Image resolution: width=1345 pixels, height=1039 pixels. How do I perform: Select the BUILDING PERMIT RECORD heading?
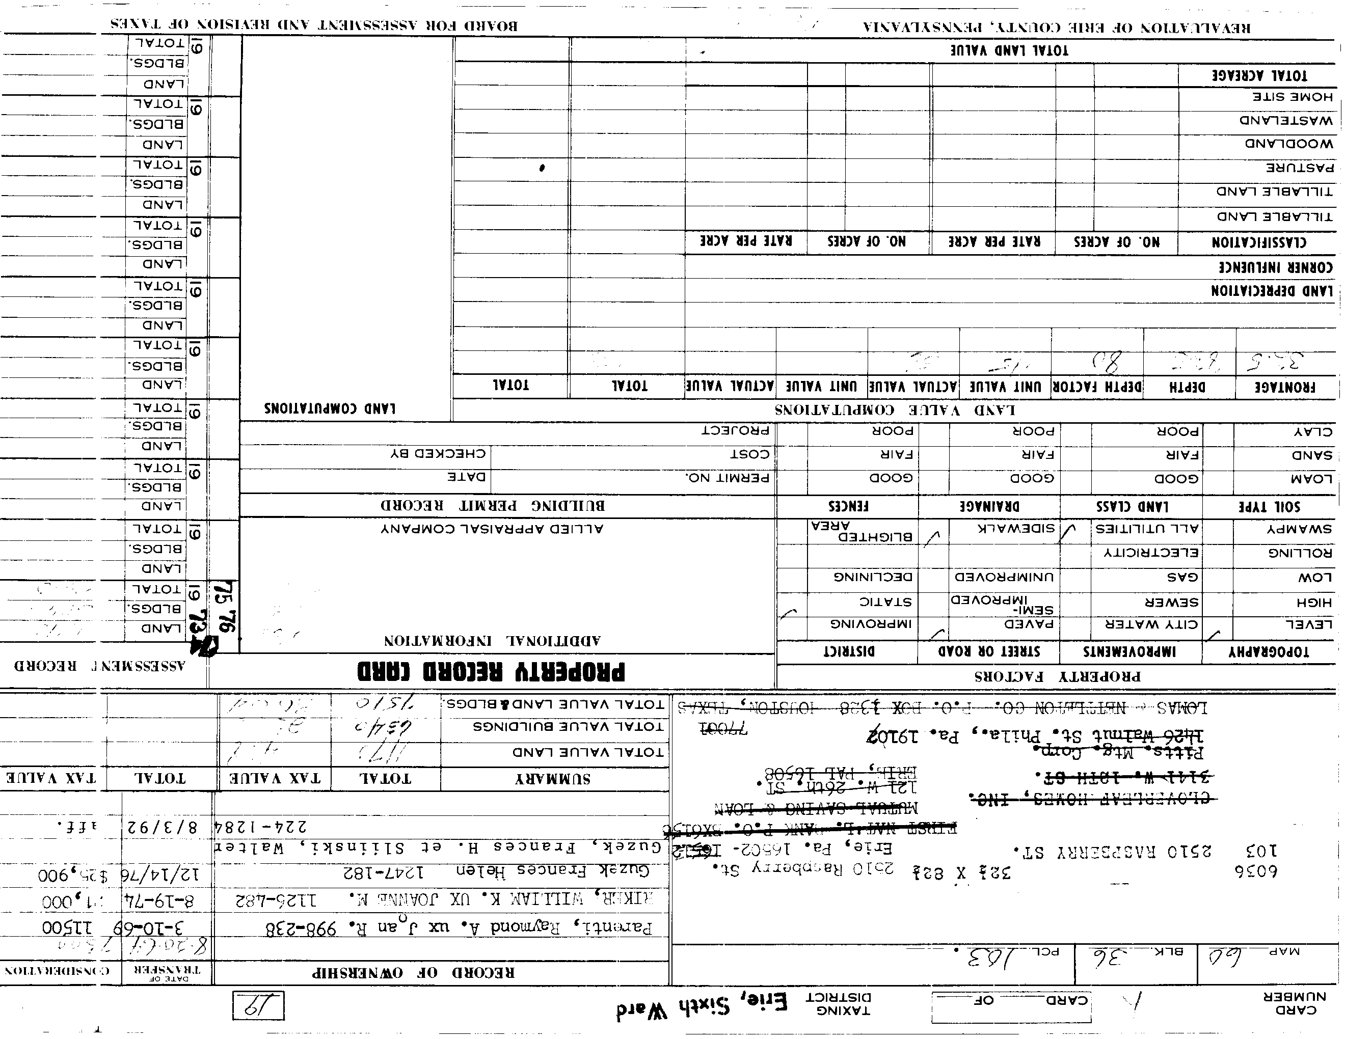tap(492, 506)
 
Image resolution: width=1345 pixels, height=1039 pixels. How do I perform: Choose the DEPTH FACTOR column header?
tap(1097, 387)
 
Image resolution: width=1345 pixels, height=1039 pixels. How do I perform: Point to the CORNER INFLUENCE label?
tap(1275, 267)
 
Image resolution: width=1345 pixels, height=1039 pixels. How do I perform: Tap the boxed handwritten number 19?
tap(258, 1006)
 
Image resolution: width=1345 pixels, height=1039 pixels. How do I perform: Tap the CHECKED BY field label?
tap(438, 454)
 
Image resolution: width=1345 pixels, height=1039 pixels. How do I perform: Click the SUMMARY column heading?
tap(552, 779)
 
